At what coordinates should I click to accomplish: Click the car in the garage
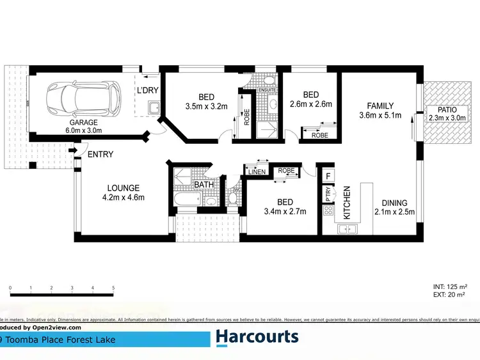coord(83,97)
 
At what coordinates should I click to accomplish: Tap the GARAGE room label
coord(84,121)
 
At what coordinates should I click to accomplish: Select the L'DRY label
coord(147,90)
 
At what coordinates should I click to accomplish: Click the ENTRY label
coord(100,154)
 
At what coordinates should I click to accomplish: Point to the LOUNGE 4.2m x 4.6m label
coord(124,192)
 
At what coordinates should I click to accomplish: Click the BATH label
coord(204,185)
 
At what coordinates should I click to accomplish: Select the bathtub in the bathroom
coord(186,200)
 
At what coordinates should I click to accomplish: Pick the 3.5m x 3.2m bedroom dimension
coord(206,107)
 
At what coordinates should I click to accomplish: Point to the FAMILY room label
coord(380,106)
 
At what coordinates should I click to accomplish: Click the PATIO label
coord(442,109)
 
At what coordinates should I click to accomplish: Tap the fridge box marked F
coord(328,175)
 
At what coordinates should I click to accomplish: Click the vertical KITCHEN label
coord(346,203)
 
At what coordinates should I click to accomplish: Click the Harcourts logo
coord(257,337)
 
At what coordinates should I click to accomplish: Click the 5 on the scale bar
coord(113,288)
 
